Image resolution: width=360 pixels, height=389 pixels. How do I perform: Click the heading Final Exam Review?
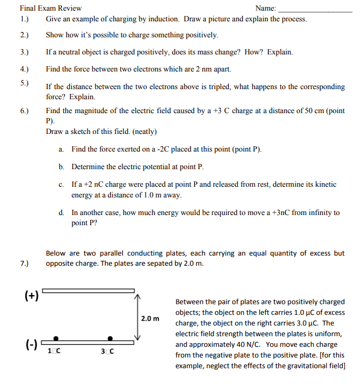click(x=51, y=8)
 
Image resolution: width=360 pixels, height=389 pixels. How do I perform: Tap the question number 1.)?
click(x=24, y=19)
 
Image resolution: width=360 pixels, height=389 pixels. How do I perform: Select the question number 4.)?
click(x=24, y=69)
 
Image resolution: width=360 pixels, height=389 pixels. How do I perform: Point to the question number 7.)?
click(x=24, y=264)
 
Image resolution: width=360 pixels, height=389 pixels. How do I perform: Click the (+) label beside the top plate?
click(x=31, y=295)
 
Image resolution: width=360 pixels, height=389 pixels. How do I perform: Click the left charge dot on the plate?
click(x=55, y=338)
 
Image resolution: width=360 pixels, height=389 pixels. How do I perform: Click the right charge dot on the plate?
click(x=110, y=338)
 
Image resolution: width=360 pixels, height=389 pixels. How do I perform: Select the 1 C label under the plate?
click(x=54, y=351)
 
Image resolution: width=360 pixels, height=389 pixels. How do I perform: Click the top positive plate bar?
click(x=88, y=291)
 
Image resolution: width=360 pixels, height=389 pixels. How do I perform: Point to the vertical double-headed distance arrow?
click(x=137, y=316)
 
